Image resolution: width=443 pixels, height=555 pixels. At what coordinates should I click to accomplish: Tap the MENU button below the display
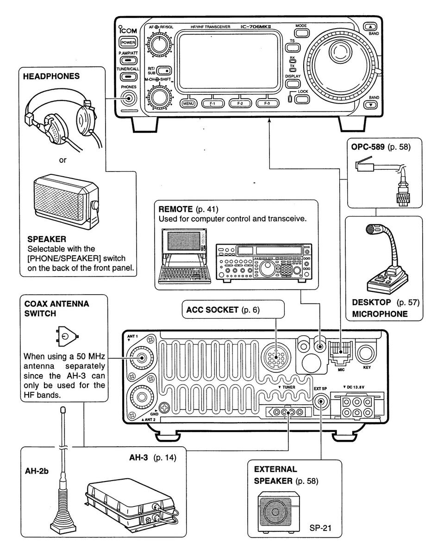click(x=189, y=104)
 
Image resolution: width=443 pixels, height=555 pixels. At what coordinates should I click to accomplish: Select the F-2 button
click(x=239, y=104)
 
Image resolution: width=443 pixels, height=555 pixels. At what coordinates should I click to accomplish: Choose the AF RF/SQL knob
click(x=158, y=46)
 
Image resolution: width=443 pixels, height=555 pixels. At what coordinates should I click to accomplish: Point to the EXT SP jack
click(x=320, y=401)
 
